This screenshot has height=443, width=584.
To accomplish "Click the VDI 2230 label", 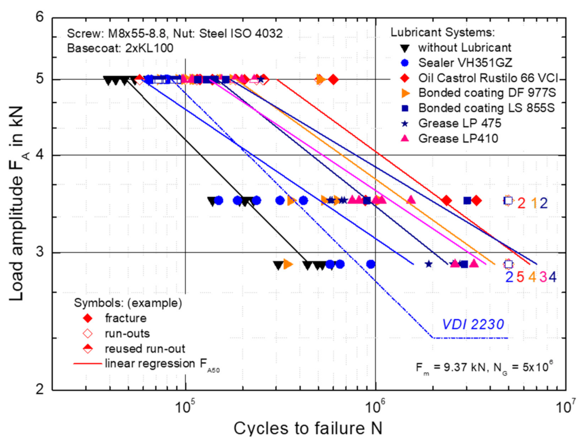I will [x=473, y=325].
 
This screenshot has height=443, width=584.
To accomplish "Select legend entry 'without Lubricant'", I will [x=464, y=47].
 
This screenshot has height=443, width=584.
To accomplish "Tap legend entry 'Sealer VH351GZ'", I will [x=465, y=63].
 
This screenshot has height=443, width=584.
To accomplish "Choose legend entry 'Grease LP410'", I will [x=458, y=138].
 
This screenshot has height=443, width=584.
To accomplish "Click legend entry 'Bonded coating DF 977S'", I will [x=487, y=93].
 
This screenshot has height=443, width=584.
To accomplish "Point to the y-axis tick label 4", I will [x=40, y=155].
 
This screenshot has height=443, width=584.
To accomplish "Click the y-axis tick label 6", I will [x=40, y=17].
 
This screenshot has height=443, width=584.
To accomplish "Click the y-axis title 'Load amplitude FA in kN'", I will [x=17, y=204].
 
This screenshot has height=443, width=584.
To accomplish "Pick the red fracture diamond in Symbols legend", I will [x=88, y=318].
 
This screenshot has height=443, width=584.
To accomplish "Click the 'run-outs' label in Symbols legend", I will [x=127, y=333].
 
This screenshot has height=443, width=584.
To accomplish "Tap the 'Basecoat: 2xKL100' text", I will [x=120, y=48].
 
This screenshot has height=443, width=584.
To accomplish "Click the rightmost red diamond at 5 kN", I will [x=333, y=80].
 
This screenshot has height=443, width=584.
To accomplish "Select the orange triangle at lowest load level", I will [x=288, y=264].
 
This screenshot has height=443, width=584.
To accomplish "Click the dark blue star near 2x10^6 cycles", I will [x=428, y=264].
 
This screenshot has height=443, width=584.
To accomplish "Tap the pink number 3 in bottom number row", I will [x=543, y=277].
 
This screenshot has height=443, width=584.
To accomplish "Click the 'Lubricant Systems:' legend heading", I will [x=442, y=32].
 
